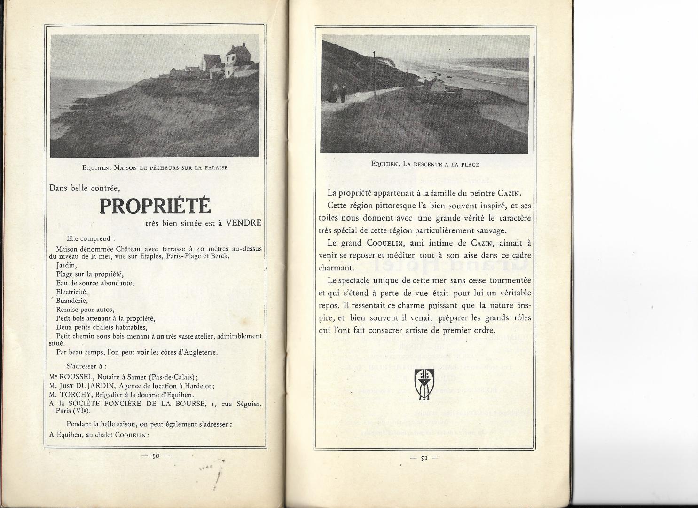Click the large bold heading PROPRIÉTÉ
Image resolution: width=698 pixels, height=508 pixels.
click(x=155, y=206)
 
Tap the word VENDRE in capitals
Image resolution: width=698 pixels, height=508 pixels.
click(x=243, y=223)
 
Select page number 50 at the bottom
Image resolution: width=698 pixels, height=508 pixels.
click(x=156, y=455)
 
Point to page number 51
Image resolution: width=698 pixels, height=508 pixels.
click(x=424, y=458)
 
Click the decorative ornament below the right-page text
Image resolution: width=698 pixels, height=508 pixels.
click(x=424, y=384)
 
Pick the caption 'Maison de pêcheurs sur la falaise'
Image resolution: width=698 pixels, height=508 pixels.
click(x=155, y=167)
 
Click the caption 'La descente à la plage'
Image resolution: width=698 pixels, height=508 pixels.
click(x=425, y=164)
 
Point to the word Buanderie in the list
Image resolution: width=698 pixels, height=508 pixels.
click(x=72, y=301)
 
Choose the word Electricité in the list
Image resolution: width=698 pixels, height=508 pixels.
click(x=72, y=292)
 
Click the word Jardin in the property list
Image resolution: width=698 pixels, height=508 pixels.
click(x=66, y=265)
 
